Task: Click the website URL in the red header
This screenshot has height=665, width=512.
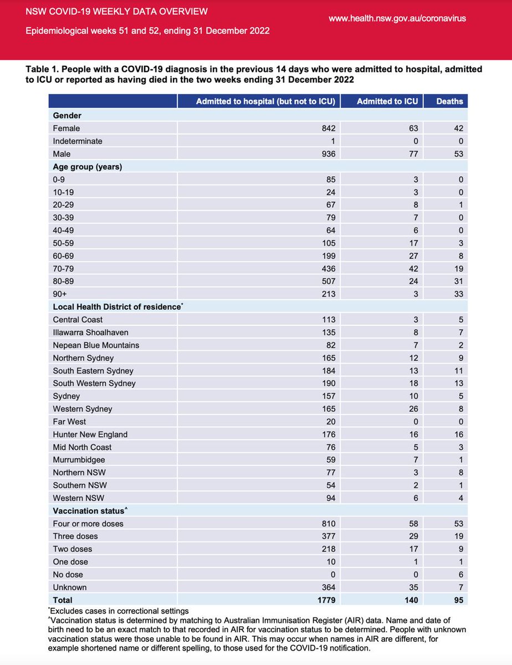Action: [397, 18]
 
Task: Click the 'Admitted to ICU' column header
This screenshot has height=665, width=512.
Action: [387, 101]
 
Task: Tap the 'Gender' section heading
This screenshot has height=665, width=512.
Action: [67, 115]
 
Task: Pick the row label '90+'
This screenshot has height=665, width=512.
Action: [60, 294]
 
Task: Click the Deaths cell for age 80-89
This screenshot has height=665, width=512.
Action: [458, 281]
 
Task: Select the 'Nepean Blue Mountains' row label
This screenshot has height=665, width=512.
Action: [96, 345]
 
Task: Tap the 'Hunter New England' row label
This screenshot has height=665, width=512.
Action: [90, 434]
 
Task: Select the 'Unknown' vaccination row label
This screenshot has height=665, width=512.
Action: [70, 587]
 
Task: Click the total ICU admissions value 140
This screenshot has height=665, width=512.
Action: [411, 600]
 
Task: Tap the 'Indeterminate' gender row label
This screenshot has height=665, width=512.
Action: [78, 141]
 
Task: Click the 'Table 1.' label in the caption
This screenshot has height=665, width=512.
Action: [44, 69]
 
